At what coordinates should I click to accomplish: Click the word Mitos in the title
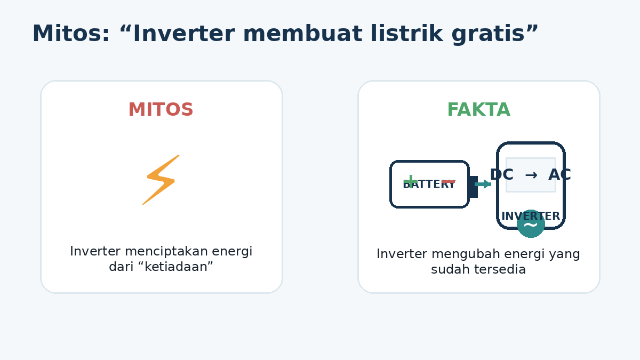[x=71, y=34]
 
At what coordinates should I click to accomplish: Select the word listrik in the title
[x=407, y=33]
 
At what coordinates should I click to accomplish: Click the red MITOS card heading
[x=161, y=109]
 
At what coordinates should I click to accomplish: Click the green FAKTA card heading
[x=479, y=109]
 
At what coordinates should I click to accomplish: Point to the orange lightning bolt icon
[x=161, y=180]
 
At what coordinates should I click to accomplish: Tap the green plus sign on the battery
[x=411, y=182]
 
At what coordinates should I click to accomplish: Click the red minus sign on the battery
[x=449, y=182]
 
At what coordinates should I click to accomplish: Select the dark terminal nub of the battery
[x=473, y=187]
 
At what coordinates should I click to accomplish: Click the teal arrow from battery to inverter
[x=483, y=185]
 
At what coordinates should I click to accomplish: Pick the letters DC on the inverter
[x=502, y=174]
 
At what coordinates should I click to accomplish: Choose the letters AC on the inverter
[x=559, y=174]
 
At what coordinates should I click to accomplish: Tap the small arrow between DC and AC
[x=531, y=175]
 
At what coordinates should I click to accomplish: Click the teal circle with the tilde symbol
[x=531, y=223]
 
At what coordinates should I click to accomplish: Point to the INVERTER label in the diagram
[x=531, y=217]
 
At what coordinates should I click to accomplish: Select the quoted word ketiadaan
[x=175, y=267]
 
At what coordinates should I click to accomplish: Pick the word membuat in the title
[x=302, y=33]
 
